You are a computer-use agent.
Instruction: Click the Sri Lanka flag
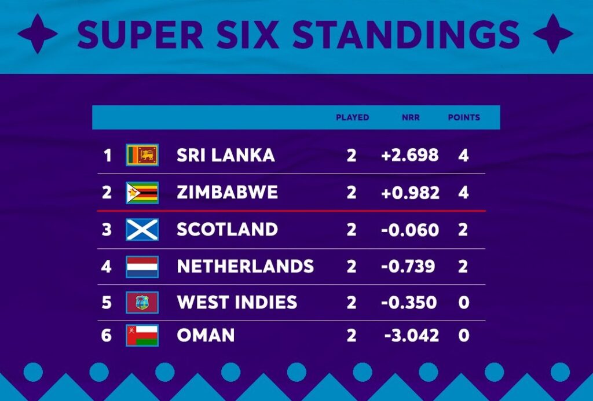(x=142, y=155)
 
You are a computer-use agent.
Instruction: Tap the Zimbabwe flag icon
(x=142, y=193)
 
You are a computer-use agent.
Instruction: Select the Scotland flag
(x=142, y=230)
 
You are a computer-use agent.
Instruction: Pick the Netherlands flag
(x=142, y=267)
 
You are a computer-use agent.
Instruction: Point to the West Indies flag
(x=142, y=302)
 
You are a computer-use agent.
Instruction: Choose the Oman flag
(x=142, y=336)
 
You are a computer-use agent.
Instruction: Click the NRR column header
(x=411, y=117)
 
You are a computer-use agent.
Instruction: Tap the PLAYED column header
(x=352, y=117)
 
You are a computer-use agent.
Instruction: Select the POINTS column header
(x=464, y=117)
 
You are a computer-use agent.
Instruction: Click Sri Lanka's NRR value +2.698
(x=409, y=155)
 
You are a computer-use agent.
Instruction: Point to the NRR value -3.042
(x=411, y=336)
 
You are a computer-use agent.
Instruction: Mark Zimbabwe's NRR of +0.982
(x=410, y=193)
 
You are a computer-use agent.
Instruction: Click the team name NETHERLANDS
(x=245, y=267)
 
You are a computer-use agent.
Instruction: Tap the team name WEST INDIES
(x=237, y=302)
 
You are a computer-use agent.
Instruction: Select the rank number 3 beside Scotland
(x=107, y=230)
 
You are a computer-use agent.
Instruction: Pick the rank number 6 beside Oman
(x=107, y=336)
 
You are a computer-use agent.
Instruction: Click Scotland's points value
(x=463, y=230)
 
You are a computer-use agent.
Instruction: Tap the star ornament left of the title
(x=38, y=34)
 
